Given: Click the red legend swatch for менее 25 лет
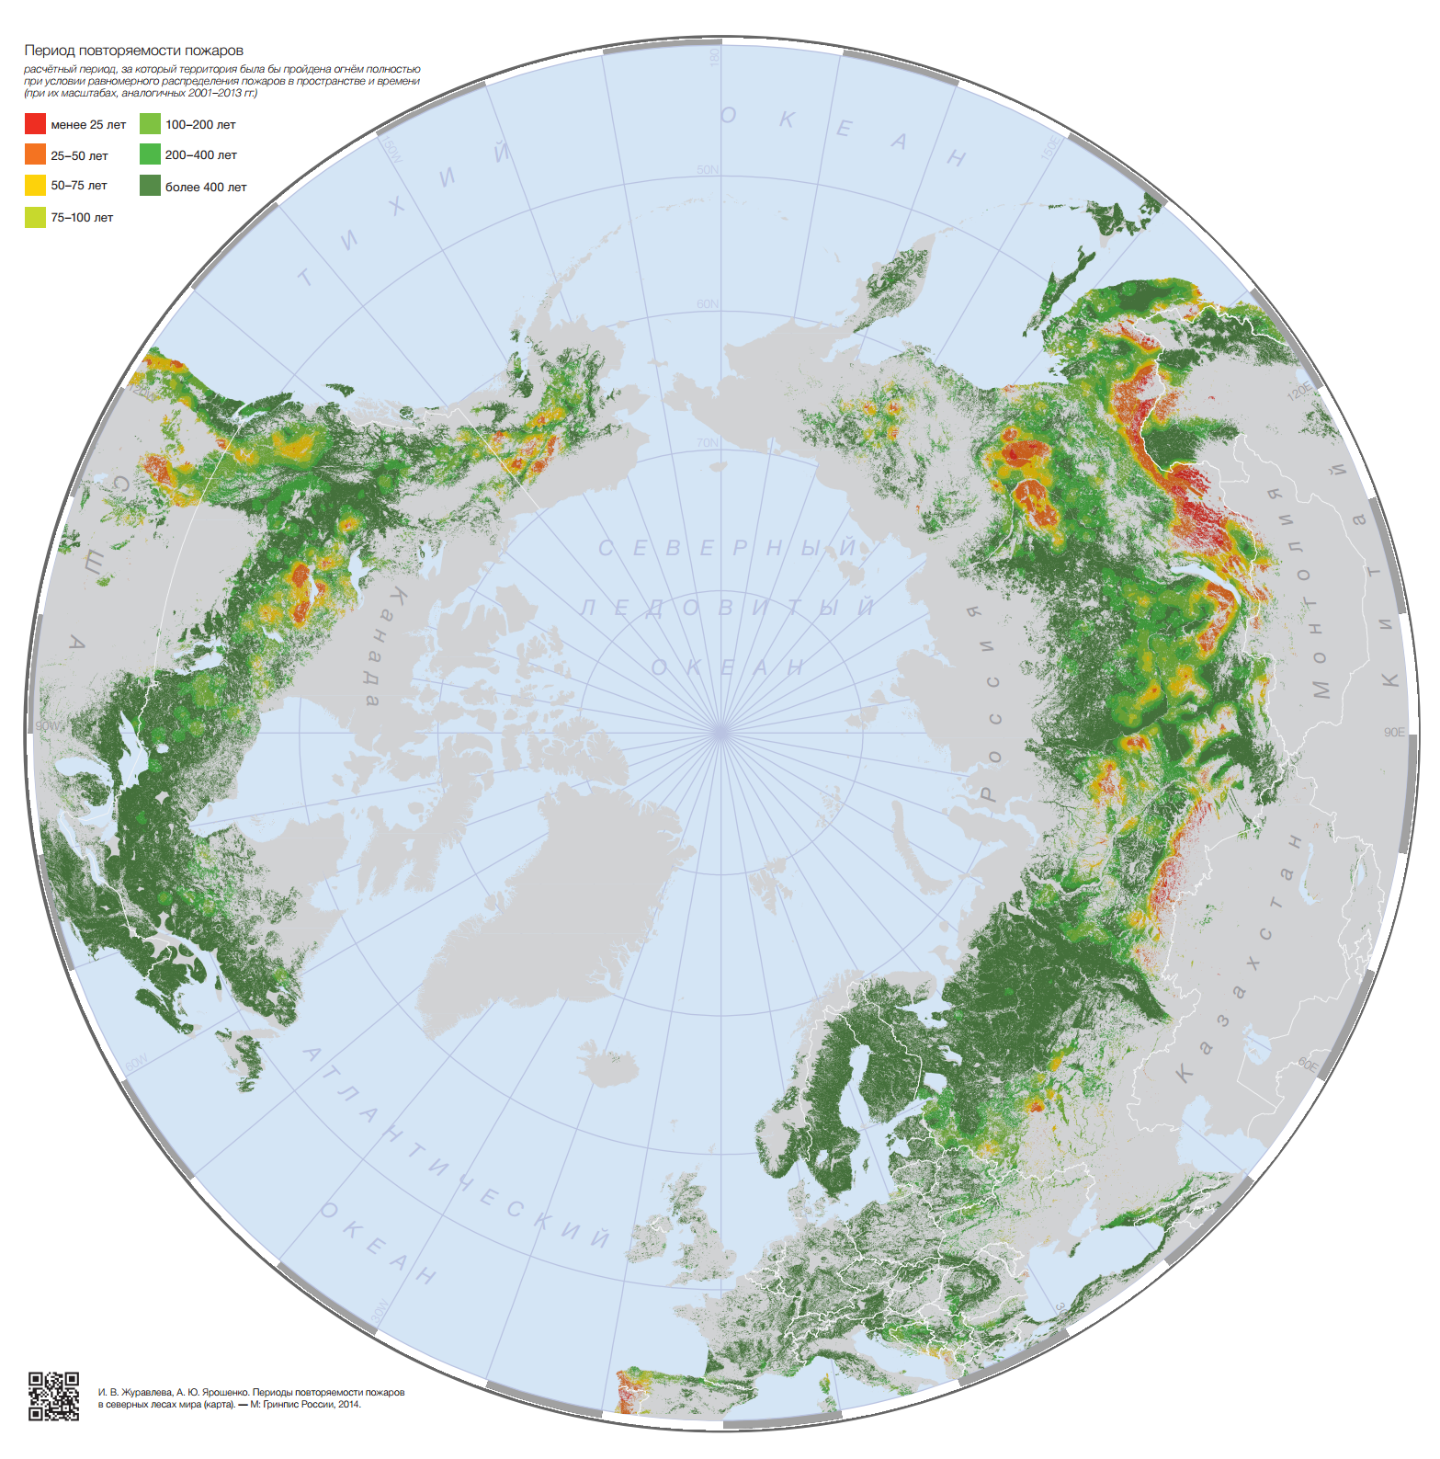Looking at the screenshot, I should [x=35, y=124].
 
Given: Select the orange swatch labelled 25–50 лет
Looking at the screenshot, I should [x=35, y=154].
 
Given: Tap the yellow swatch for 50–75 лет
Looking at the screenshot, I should [x=35, y=185].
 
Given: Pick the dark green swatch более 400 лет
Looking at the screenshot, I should [x=150, y=186].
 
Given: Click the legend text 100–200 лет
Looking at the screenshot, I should [x=200, y=124].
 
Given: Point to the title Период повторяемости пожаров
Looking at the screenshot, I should [x=133, y=51].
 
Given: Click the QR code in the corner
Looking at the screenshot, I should [x=53, y=1396].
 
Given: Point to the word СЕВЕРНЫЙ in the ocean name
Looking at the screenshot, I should [x=726, y=549].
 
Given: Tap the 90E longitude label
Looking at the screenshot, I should [x=1394, y=732].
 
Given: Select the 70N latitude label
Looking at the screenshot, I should [x=708, y=443].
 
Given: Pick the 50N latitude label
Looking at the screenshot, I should [x=708, y=170].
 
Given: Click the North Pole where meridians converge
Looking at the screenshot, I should [x=720, y=732].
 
